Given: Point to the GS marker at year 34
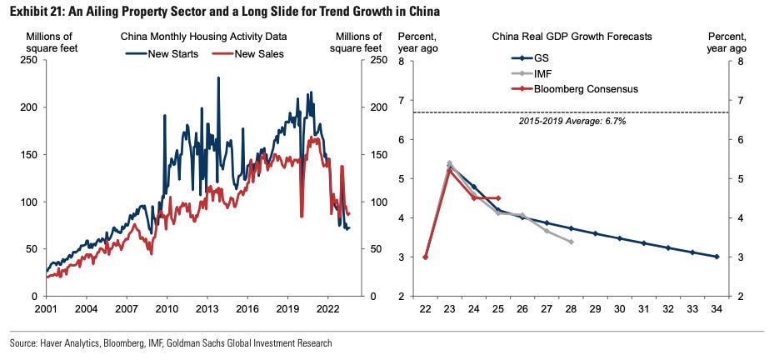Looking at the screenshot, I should pyautogui.click(x=717, y=257).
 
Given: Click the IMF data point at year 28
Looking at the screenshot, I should pyautogui.click(x=571, y=242).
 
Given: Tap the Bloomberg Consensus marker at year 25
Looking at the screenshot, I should pyautogui.click(x=498, y=198).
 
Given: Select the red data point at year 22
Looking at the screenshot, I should pyautogui.click(x=425, y=257).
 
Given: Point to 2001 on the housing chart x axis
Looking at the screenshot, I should pyautogui.click(x=47, y=308).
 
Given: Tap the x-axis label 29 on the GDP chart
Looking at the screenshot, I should pyautogui.click(x=595, y=308).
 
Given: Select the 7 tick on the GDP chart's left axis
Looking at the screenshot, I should pyautogui.click(x=402, y=101).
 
